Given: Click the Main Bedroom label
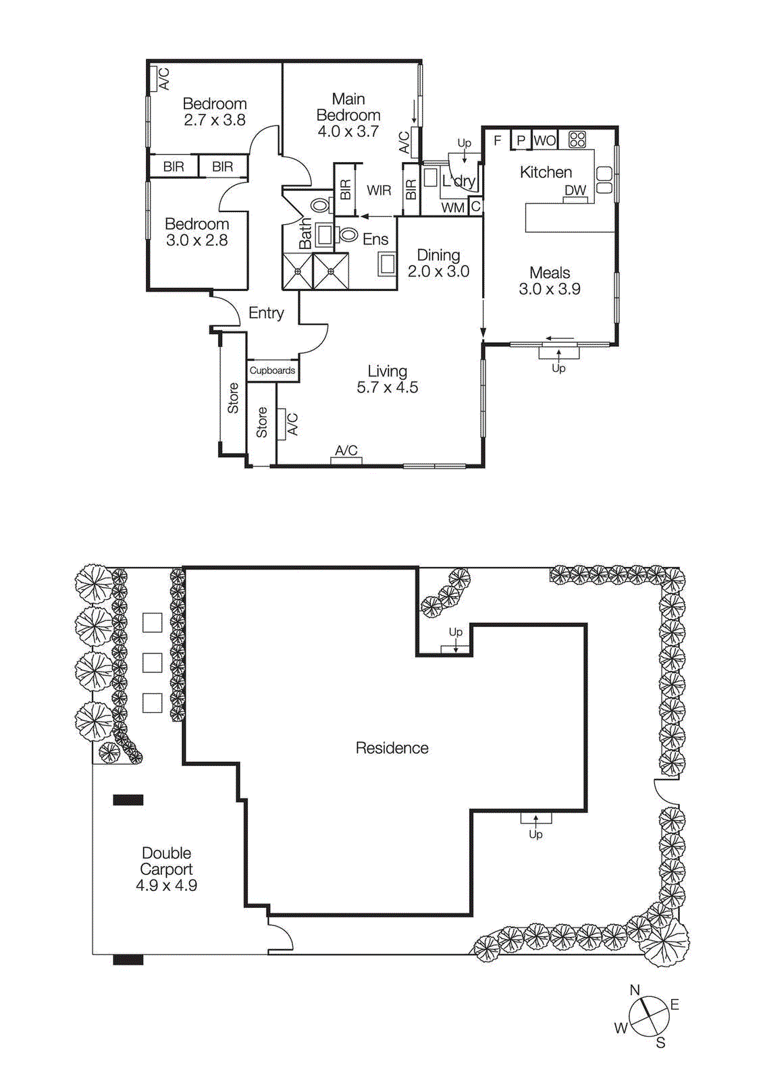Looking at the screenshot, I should (348, 107).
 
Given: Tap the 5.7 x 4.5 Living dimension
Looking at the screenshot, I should (387, 387).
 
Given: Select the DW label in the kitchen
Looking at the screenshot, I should (575, 190).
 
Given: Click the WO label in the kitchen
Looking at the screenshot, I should (544, 140).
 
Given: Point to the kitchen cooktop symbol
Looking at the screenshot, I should (577, 140).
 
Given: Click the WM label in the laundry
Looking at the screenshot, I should (452, 208).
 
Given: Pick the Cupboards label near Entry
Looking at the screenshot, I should (272, 371).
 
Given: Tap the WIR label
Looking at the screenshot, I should (379, 190).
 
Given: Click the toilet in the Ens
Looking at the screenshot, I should (348, 235).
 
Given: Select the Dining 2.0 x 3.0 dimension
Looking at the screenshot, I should (438, 271).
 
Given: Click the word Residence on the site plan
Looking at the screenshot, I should (392, 748).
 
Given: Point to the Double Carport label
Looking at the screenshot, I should (166, 861).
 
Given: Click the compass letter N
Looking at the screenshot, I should (635, 990).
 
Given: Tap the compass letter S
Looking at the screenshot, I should (660, 1043).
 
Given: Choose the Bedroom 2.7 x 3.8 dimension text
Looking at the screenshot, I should (215, 120).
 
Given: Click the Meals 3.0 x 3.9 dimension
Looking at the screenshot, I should (550, 289).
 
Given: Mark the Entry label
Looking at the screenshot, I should (266, 313).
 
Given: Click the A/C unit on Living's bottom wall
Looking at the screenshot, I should (346, 460).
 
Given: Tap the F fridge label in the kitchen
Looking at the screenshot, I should (498, 140).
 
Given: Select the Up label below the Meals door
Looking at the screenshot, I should (558, 368).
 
